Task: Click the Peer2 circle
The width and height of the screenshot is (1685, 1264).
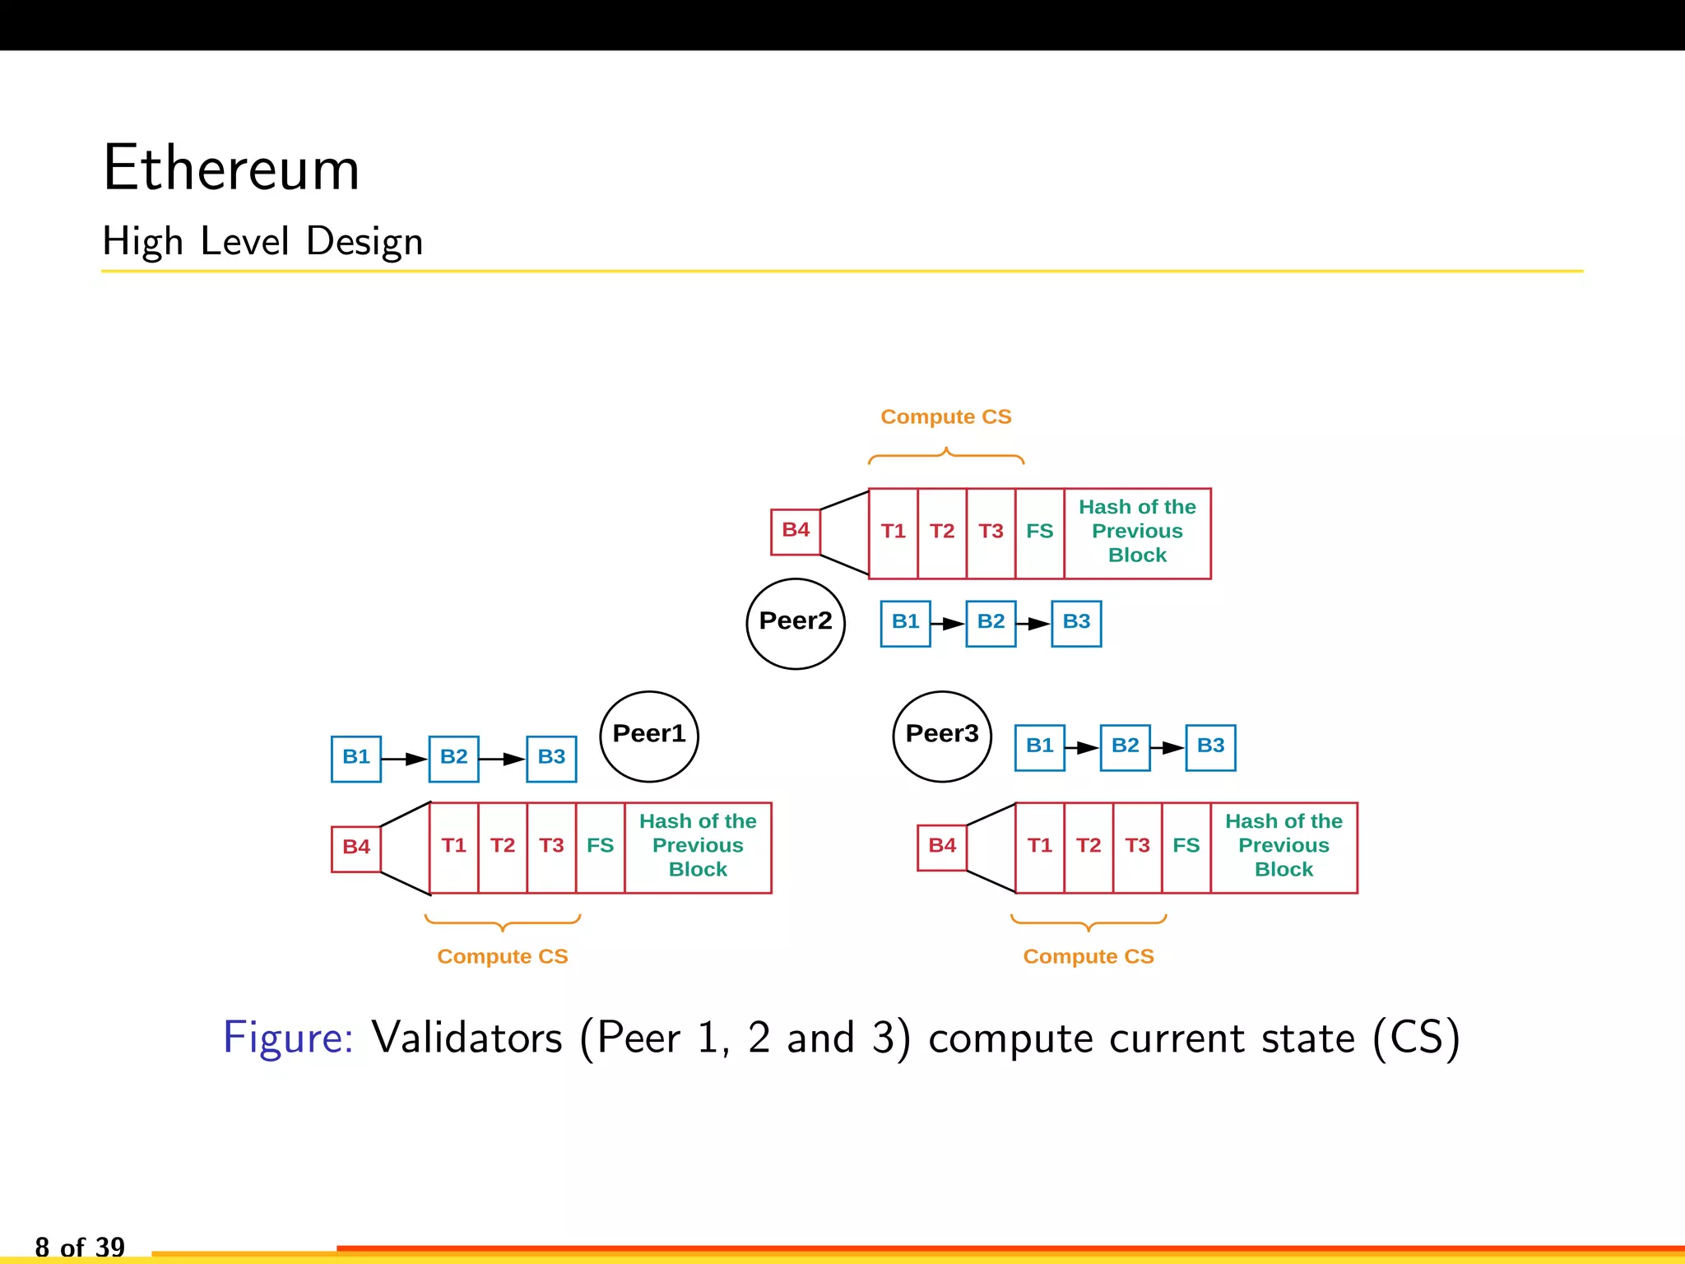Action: pyautogui.click(x=795, y=623)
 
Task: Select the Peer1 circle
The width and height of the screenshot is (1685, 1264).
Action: pyautogui.click(x=649, y=736)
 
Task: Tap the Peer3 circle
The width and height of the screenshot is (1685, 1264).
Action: pyautogui.click(x=942, y=736)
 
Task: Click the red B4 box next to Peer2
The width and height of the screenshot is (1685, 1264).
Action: pyautogui.click(x=795, y=531)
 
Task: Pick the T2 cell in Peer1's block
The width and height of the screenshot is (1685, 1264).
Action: pyautogui.click(x=502, y=847)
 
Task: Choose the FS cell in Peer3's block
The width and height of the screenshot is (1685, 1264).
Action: pyautogui.click(x=1186, y=847)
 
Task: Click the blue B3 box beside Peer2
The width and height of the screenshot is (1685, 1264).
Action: pyautogui.click(x=1076, y=623)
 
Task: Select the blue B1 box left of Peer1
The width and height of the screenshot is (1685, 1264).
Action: pyautogui.click(x=355, y=758)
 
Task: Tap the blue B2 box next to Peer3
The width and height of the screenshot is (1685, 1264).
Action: pyautogui.click(x=1125, y=746)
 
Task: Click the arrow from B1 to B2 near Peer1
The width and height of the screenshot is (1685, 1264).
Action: pyautogui.click(x=405, y=759)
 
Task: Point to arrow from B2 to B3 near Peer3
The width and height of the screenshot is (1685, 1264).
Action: pyautogui.click(x=1167, y=747)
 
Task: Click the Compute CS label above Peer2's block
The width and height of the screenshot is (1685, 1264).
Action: pyautogui.click(x=945, y=417)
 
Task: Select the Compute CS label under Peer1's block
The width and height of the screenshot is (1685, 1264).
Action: pyautogui.click(x=502, y=957)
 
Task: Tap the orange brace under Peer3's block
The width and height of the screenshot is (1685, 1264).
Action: pyautogui.click(x=1088, y=922)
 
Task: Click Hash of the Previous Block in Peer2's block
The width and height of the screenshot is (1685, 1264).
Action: pyautogui.click(x=1137, y=532)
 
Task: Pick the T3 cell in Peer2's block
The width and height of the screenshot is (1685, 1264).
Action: pyautogui.click(x=991, y=532)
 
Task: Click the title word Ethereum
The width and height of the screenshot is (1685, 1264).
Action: pyautogui.click(x=231, y=169)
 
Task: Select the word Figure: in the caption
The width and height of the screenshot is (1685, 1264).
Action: pyautogui.click(x=288, y=1038)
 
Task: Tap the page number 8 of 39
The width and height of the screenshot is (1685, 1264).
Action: pyautogui.click(x=80, y=1247)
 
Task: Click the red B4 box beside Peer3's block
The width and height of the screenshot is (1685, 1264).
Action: pyautogui.click(x=941, y=847)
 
